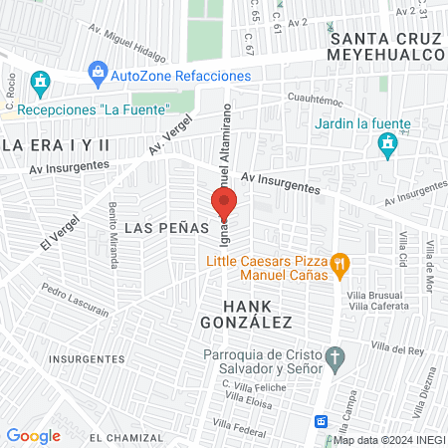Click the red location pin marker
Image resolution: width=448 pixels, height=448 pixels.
tap(223, 203)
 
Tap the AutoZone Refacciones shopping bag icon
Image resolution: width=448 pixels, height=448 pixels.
tap(98, 72)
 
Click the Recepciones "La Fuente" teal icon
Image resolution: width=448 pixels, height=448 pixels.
tap(40, 81)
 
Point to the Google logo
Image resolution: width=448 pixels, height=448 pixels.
tap(33, 435)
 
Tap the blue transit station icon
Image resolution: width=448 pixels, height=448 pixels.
tap(321, 421)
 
